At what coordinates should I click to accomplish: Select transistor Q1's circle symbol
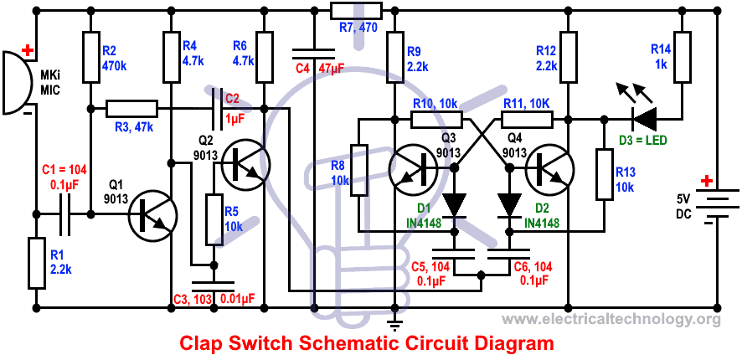click(152, 215)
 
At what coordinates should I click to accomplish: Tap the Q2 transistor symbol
click(242, 165)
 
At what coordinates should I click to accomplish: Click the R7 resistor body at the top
click(356, 10)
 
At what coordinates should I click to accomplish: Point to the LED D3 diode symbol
click(646, 119)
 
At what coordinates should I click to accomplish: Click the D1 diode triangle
click(454, 203)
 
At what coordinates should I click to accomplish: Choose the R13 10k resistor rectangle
click(603, 174)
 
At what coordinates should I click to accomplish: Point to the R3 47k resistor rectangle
click(131, 108)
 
